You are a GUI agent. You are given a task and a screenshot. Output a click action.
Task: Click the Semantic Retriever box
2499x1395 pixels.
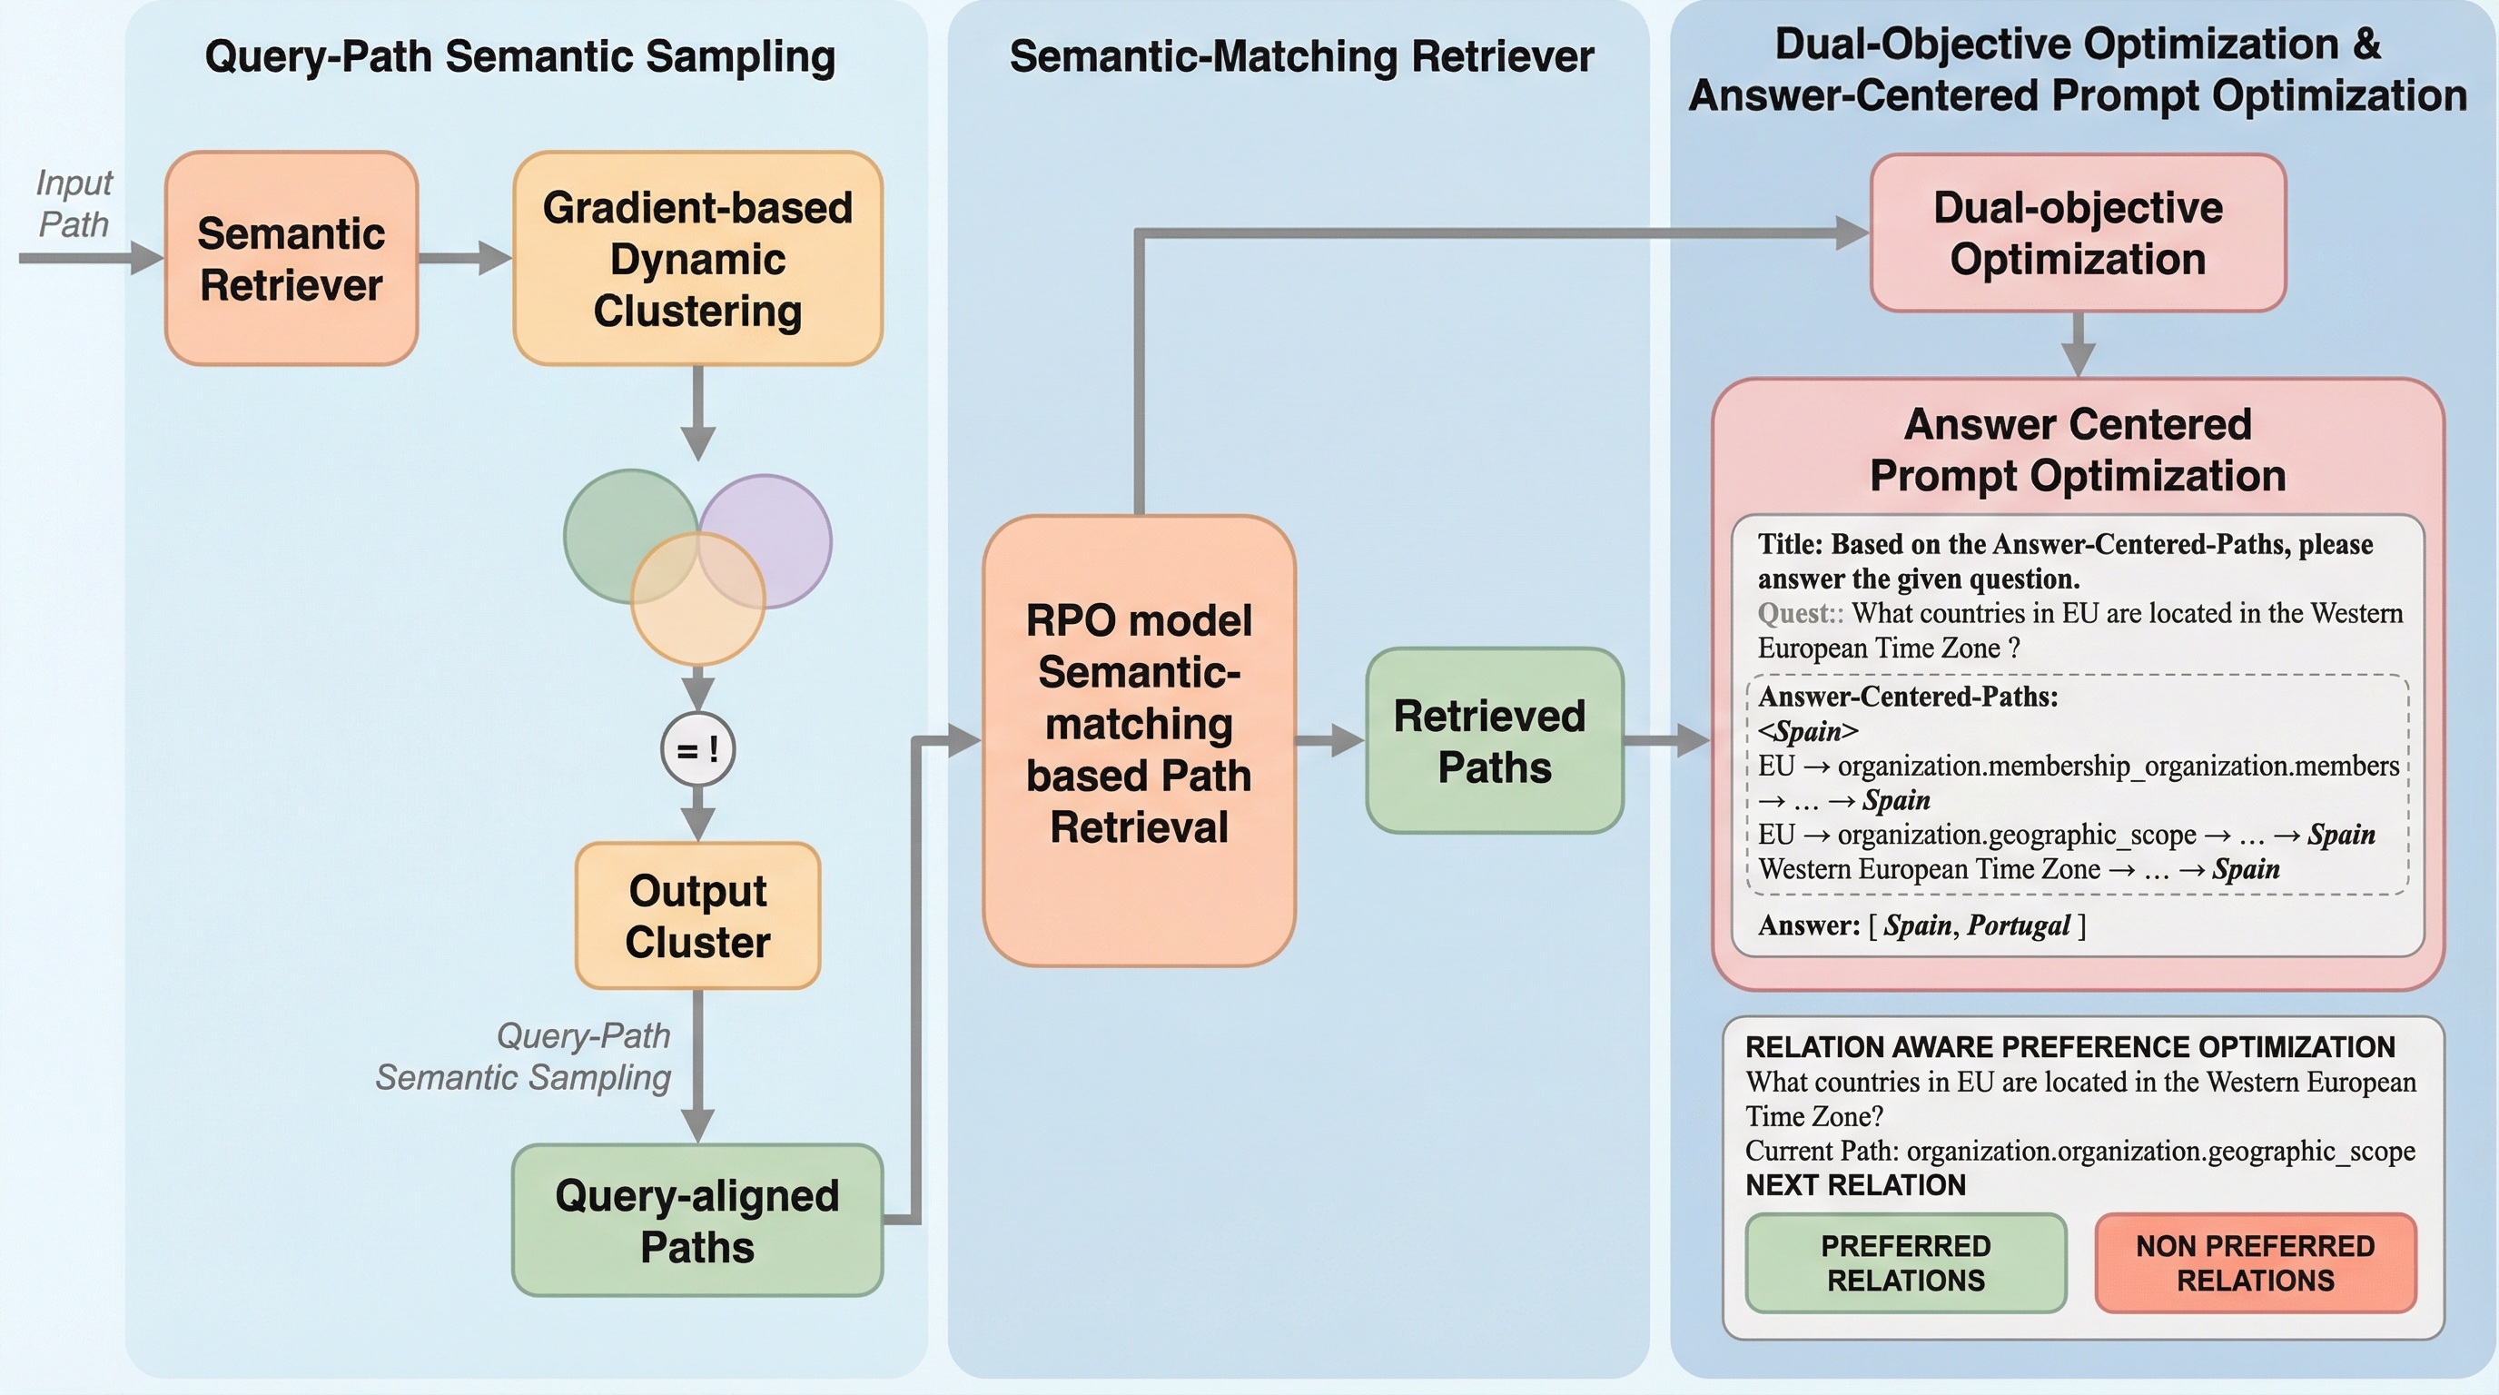pyautogui.click(x=291, y=258)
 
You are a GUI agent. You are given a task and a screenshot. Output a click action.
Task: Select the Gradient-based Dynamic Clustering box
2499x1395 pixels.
pyautogui.click(x=697, y=258)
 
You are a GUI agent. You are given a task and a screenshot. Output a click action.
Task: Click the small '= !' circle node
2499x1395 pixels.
pyautogui.click(x=697, y=750)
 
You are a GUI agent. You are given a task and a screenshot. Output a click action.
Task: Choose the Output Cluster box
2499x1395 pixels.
pyautogui.click(x=697, y=915)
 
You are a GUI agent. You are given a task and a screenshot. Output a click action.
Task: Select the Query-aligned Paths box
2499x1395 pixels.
pyautogui.click(x=697, y=1221)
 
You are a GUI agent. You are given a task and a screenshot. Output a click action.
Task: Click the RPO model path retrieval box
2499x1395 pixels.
pyautogui.click(x=1139, y=740)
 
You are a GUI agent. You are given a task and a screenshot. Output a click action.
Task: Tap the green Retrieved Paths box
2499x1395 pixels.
pyautogui.click(x=1494, y=740)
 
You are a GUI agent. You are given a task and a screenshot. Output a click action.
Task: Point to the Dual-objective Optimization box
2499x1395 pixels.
pyautogui.click(x=2078, y=232)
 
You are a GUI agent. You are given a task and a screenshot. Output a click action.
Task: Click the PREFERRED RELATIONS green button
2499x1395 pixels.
pyautogui.click(x=1905, y=1263)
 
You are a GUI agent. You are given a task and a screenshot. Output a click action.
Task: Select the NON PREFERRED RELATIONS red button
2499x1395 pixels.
pyautogui.click(x=2256, y=1263)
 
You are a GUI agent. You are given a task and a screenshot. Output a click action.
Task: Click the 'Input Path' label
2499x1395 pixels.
pyautogui.click(x=74, y=203)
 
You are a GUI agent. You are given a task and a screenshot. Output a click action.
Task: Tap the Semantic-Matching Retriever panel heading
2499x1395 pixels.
pyautogui.click(x=1301, y=56)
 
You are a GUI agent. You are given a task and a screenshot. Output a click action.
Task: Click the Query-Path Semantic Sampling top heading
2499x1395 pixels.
pyautogui.click(x=520, y=56)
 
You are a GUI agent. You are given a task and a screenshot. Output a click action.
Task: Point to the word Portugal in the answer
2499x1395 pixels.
pyautogui.click(x=2019, y=925)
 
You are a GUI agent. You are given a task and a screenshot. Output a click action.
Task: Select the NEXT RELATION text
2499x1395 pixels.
pyautogui.click(x=1855, y=1184)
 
